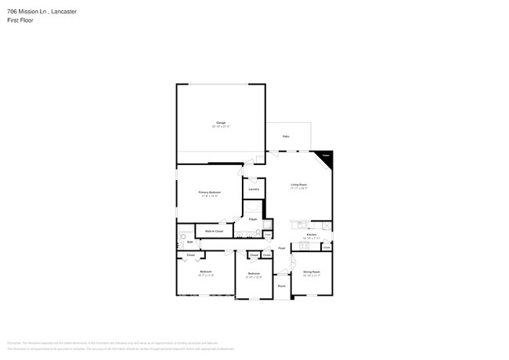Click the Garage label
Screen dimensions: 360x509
[220, 123]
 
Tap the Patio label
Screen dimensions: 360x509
[287, 135]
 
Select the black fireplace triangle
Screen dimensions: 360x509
[327, 157]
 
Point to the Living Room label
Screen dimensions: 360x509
[298, 185]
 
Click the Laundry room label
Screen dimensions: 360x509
[254, 189]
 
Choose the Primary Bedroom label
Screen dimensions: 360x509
[209, 192]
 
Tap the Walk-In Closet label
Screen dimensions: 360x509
[215, 232]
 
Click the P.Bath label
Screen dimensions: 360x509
[253, 219]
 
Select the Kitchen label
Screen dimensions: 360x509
[311, 234]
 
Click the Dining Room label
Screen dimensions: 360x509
[312, 272]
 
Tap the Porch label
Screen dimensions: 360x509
[281, 286]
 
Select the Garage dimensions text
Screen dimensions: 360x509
[220, 127]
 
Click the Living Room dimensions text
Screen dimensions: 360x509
[298, 189]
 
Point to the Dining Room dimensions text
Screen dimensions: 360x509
[312, 275]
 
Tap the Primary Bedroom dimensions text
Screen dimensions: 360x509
[209, 196]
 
